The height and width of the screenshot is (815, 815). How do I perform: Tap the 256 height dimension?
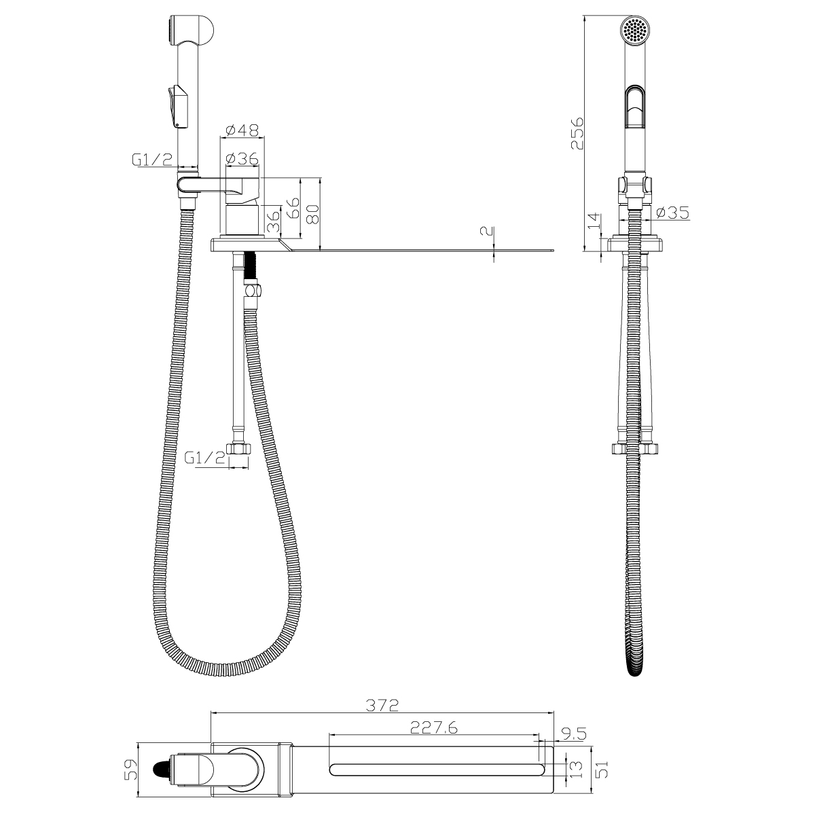click(577, 133)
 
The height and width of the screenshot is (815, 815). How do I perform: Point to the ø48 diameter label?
click(242, 130)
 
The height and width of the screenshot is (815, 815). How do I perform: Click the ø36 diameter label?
click(242, 158)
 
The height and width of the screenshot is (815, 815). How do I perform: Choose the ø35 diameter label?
click(672, 213)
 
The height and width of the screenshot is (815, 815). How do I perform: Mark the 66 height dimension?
click(292, 207)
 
